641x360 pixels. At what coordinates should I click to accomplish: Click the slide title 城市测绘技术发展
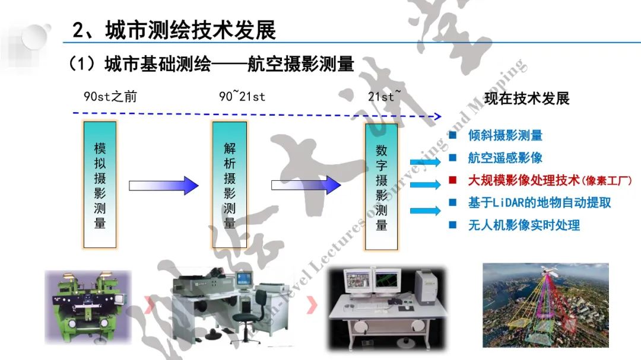174,30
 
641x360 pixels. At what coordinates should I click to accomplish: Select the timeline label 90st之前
110,96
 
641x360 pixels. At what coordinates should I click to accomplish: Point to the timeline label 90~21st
242,96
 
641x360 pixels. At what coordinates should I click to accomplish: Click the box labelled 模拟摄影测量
100,184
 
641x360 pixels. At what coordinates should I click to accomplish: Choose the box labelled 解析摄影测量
229,184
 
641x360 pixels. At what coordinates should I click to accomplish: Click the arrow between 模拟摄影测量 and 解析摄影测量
164,186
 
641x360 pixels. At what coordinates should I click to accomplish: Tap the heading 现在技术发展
527,98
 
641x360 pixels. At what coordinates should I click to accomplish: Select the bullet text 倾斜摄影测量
505,136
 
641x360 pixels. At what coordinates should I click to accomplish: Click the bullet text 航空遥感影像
505,158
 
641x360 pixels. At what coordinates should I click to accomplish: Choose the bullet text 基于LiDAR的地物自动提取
539,203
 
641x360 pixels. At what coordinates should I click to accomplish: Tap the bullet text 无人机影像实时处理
523,225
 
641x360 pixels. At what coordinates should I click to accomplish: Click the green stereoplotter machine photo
87,307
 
